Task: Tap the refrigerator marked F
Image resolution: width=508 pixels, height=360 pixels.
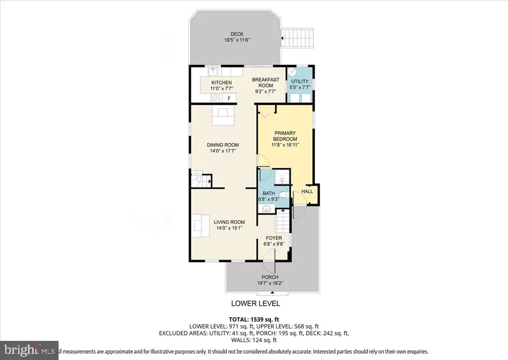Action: pos(229,98)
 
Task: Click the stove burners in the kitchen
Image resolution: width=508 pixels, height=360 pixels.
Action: pos(215,97)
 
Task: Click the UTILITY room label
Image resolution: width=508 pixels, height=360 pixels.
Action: pos(299,82)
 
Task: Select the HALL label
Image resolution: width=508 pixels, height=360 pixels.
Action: pos(308,192)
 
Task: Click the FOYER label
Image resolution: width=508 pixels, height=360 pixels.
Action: pos(274,238)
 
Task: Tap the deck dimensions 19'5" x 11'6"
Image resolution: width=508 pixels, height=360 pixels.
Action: pos(237,40)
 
